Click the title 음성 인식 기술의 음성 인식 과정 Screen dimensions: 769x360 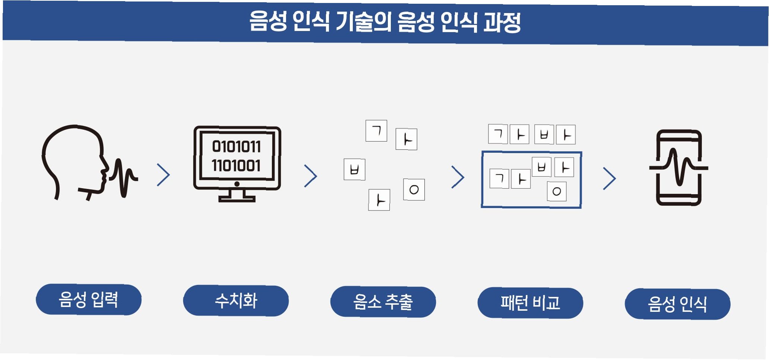pyautogui.click(x=384, y=22)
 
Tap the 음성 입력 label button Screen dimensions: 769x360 pyautogui.click(x=89, y=300)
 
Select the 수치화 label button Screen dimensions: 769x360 pyautogui.click(x=236, y=301)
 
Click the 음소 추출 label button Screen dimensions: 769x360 pyautogui.click(x=383, y=302)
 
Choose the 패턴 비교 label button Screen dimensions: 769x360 pyautogui.click(x=530, y=303)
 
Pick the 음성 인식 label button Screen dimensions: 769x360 pyautogui.click(x=677, y=304)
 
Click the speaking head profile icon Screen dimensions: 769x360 pyautogui.click(x=75, y=160)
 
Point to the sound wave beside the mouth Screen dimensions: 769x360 pyautogui.click(x=123, y=177)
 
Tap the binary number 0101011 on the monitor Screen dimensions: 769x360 pyautogui.click(x=236, y=146)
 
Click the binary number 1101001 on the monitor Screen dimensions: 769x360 pyautogui.click(x=236, y=165)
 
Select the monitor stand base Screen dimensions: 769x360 pyautogui.click(x=237, y=198)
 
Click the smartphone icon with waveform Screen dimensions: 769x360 pyautogui.click(x=679, y=168)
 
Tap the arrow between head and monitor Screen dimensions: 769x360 pyautogui.click(x=164, y=175)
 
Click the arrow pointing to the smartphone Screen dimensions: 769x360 pyautogui.click(x=609, y=179)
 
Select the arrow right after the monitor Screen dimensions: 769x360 pyautogui.click(x=311, y=176)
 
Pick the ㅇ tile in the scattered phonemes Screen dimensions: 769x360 pyautogui.click(x=414, y=190)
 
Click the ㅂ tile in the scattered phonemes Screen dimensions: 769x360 pyautogui.click(x=354, y=170)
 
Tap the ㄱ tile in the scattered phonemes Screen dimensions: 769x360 pyautogui.click(x=376, y=131)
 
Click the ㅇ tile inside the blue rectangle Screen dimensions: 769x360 pyautogui.click(x=557, y=192)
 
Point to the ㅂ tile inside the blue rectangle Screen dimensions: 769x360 pyautogui.click(x=542, y=167)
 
